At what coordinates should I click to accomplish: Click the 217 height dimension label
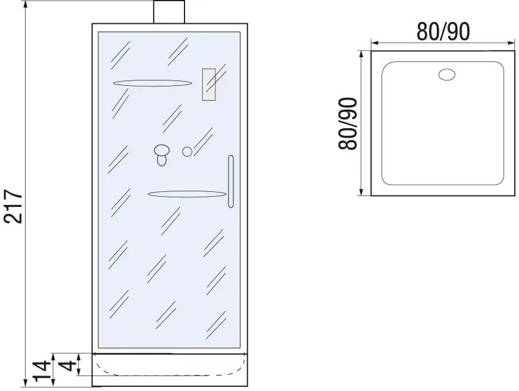point(13,206)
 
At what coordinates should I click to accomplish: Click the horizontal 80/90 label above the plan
point(443,32)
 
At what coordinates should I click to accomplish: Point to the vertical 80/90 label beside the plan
point(348,123)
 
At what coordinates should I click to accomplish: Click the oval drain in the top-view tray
point(447,75)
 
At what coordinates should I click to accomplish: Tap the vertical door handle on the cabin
point(231,181)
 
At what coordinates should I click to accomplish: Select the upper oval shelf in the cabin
point(152,83)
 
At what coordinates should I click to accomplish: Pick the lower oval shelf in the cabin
point(187,194)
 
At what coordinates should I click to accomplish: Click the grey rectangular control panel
point(209,84)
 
